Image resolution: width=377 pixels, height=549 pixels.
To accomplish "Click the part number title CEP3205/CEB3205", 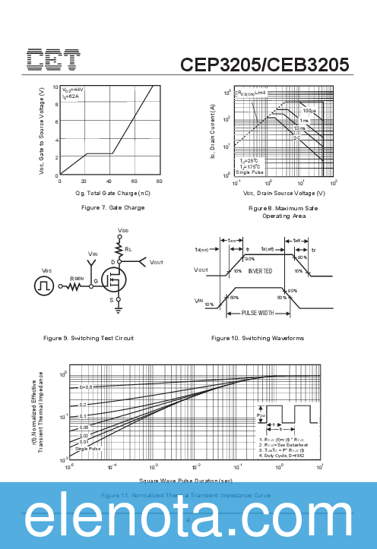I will pos(265,65).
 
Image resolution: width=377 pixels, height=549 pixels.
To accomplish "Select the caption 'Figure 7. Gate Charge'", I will pos(112,207).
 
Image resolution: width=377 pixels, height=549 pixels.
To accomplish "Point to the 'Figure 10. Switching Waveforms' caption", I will pos(258,337).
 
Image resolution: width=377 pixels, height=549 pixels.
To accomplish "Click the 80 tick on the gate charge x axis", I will pos(159,181).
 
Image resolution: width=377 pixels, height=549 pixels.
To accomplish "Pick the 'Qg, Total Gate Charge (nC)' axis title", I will pos(112,193).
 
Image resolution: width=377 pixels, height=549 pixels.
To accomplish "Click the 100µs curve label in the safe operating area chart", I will pos(298,111).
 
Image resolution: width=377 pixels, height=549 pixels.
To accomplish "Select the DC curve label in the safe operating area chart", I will pos(297,137).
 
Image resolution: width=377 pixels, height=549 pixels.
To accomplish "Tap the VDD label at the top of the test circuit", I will pos(123,229).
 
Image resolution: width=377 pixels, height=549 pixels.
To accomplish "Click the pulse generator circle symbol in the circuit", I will pos(46,286).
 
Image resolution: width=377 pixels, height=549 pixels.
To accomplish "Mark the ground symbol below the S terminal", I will pos(119,310).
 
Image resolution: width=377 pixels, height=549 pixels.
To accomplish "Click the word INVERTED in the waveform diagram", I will pos(260,270).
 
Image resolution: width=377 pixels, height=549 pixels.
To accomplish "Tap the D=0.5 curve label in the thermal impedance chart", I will pos(86,387).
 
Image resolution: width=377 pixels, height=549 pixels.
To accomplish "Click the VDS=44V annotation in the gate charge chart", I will pos(73,90).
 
